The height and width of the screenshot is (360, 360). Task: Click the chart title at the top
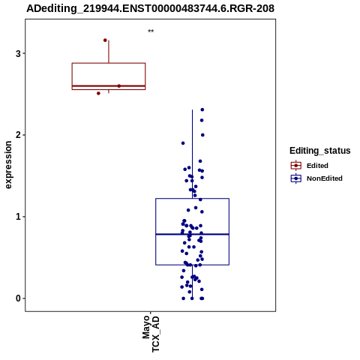point(150,8)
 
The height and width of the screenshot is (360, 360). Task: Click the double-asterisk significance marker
point(151,31)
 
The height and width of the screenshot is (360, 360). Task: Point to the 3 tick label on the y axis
point(18,53)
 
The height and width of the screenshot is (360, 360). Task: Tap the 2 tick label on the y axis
point(18,135)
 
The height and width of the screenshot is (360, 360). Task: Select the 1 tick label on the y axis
point(18,217)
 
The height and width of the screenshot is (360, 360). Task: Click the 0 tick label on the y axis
point(18,298)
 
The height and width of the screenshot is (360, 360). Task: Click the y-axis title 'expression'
point(8,165)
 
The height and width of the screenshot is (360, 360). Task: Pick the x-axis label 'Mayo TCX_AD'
point(151,334)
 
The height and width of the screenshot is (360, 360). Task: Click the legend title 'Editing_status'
point(320,151)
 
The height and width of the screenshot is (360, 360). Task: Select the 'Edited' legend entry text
point(317,166)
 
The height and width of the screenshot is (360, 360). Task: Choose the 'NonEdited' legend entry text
point(325,178)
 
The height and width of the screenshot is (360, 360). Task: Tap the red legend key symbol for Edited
point(296,166)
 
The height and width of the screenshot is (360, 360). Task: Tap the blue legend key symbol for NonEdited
point(296,178)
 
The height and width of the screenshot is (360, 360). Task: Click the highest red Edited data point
point(105,40)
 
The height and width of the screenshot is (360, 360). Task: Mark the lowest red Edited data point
point(98,93)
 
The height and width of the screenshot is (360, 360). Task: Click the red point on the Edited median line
point(119,86)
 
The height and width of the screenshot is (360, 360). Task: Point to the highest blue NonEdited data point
point(202,109)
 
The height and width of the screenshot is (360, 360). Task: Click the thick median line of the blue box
point(192,234)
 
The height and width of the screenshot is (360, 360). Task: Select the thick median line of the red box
point(109,85)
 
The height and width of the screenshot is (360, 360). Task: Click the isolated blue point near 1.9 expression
point(183,143)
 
